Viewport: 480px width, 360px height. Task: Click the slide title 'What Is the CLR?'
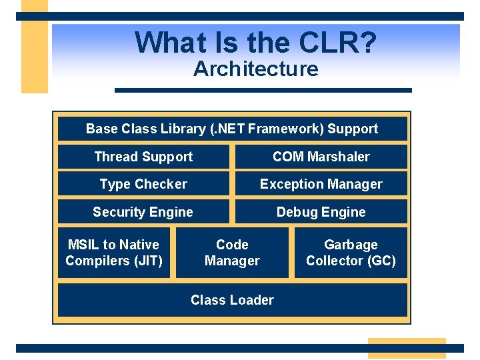click(x=255, y=43)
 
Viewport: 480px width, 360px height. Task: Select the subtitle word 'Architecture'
click(x=255, y=69)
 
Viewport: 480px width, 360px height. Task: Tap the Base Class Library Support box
click(x=232, y=129)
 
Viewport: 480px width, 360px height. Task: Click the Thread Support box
click(x=143, y=157)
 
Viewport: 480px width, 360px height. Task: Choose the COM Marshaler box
click(x=321, y=157)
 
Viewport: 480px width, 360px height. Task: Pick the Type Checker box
click(x=143, y=184)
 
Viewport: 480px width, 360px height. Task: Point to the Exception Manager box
click(x=321, y=184)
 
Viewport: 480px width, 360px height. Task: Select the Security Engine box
click(x=143, y=212)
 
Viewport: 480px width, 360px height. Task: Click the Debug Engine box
click(x=321, y=212)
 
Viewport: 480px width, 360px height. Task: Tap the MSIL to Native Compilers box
click(x=114, y=253)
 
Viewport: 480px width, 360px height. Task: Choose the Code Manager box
click(x=232, y=253)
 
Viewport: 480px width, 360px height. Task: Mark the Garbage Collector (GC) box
click(x=351, y=253)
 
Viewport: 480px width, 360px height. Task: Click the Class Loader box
click(x=232, y=300)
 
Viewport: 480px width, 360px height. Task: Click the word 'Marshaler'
click(x=338, y=157)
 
